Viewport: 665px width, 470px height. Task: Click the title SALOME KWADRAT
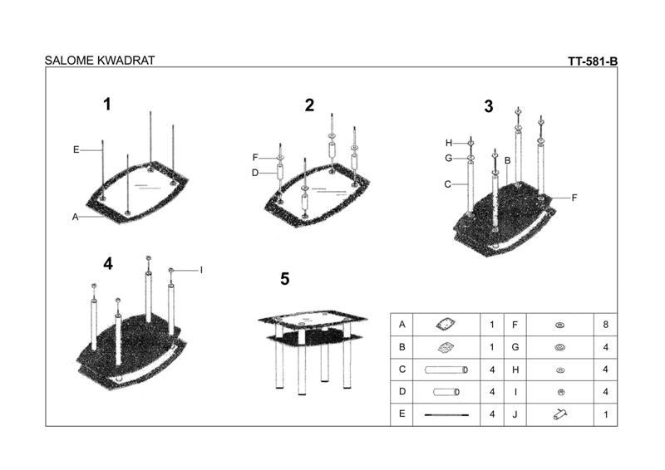coord(99,61)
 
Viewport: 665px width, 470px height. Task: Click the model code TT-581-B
coord(593,61)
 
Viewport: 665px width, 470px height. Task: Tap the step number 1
coord(106,104)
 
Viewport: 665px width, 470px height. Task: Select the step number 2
coord(309,105)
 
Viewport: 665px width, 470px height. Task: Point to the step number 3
coord(489,106)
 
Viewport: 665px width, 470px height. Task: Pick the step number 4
coord(107,263)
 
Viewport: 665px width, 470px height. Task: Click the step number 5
coord(284,279)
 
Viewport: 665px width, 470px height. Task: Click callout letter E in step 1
coord(76,149)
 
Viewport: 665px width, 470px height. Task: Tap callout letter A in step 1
coord(75,217)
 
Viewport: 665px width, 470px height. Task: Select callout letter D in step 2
coord(256,173)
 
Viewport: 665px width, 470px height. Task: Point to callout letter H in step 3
coord(448,142)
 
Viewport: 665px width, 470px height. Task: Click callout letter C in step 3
coord(447,184)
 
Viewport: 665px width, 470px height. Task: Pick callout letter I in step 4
coord(201,270)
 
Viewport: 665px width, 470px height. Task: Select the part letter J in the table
coord(516,414)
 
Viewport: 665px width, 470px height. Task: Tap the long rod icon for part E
coord(446,414)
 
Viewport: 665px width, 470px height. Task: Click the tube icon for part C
coord(446,369)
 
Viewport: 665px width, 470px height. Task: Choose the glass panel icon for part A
coord(446,324)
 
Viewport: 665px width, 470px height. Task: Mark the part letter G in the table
coord(516,346)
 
